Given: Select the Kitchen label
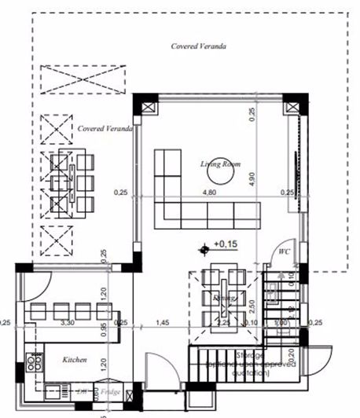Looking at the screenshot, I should pos(75,361).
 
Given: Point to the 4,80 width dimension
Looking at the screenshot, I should pos(210,192).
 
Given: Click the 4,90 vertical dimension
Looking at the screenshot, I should pos(252,179).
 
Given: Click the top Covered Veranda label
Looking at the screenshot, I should pos(199,46).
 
